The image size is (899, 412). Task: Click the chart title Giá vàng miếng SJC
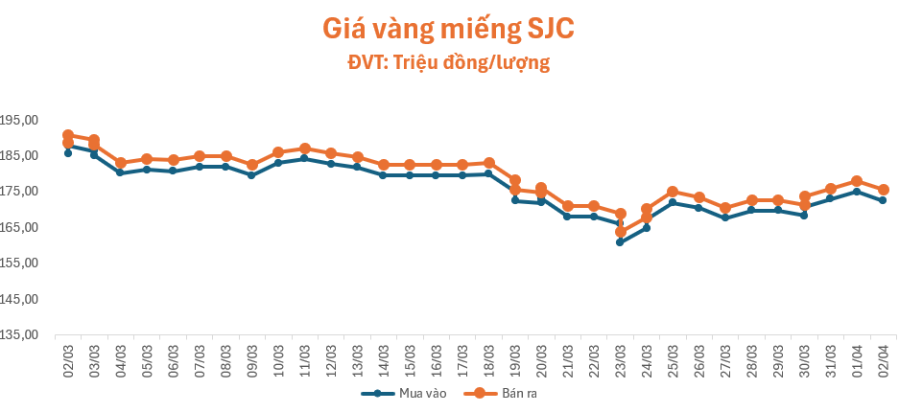tap(448, 30)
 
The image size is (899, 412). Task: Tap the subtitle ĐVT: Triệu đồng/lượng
tap(448, 63)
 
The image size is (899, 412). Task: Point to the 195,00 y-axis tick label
tap(19, 121)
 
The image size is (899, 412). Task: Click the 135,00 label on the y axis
tap(19, 335)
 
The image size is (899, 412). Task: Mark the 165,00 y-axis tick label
tap(19, 228)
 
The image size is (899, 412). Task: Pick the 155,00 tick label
tap(19, 263)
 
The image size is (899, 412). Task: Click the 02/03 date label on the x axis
tap(68, 358)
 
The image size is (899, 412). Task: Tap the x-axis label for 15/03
tap(410, 358)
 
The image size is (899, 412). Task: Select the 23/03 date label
tap(620, 358)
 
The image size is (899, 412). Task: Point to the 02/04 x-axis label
tap(883, 358)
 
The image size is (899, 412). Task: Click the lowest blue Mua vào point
tap(620, 241)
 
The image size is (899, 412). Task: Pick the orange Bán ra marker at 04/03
tap(121, 163)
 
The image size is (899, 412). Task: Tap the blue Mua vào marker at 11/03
tap(304, 158)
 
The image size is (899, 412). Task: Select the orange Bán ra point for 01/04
tap(857, 181)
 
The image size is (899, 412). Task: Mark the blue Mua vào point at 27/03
tap(725, 217)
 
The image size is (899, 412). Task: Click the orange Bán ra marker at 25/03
tap(673, 192)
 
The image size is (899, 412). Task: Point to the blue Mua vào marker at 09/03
tap(251, 175)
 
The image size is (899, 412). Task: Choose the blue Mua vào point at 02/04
tap(883, 200)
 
